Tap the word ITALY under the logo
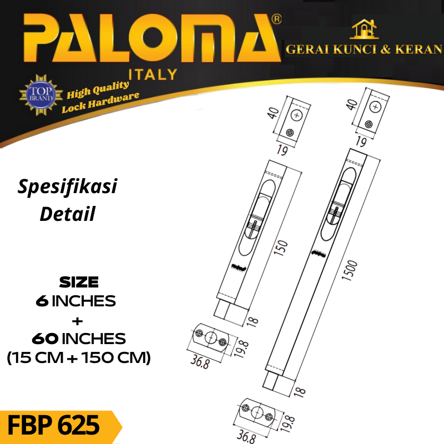(x=153, y=74)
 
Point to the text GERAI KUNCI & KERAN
(x=364, y=49)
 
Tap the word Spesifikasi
(x=67, y=187)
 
